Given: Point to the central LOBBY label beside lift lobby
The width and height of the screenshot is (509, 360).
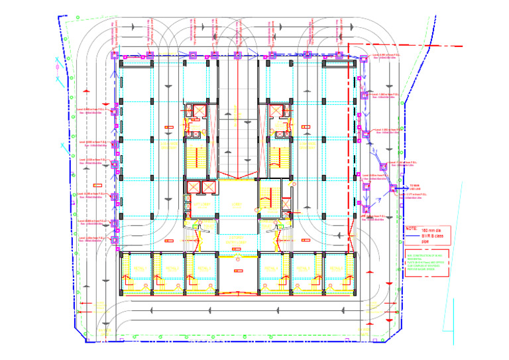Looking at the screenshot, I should click(233, 205).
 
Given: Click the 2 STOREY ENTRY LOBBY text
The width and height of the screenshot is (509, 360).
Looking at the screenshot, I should click(235, 240).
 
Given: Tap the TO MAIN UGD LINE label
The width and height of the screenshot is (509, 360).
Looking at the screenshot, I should click(416, 188).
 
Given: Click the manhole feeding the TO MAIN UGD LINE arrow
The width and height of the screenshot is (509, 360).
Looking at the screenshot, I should click(393, 188).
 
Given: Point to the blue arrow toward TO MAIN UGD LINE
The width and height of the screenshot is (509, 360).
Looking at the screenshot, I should click(402, 188).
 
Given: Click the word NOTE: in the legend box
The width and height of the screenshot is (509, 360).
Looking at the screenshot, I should click(412, 229).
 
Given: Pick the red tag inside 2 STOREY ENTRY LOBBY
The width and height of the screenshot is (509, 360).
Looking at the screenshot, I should click(236, 263).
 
